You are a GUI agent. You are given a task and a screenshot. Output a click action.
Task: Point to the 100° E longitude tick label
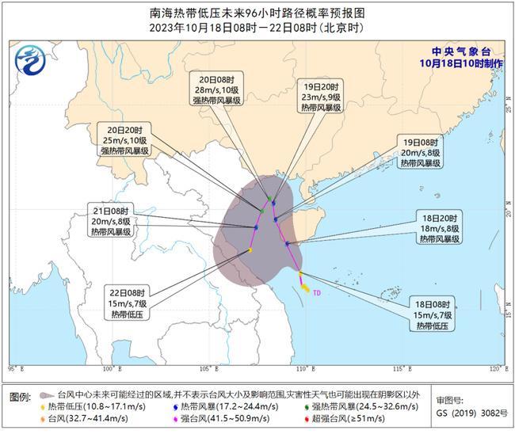[109, 368]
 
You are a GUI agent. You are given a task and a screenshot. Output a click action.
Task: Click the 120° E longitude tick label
[495, 368]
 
